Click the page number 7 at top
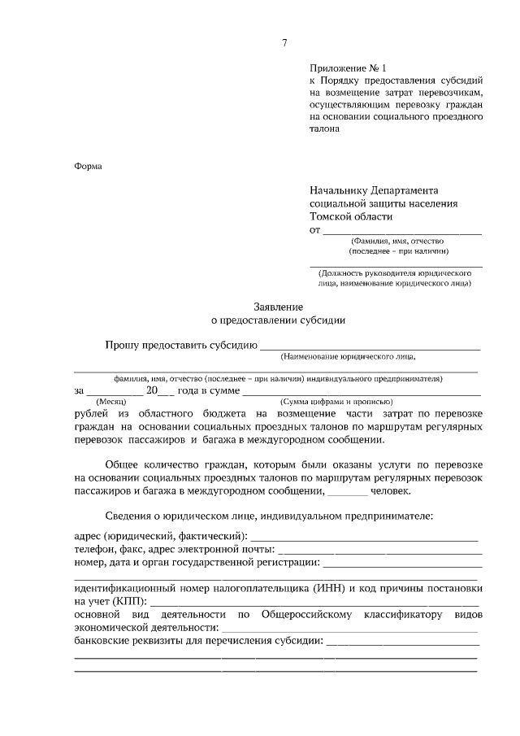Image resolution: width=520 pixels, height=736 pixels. tap(284, 43)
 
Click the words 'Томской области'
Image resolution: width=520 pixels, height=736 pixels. tap(351, 216)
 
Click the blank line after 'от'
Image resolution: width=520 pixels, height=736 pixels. tap(402, 233)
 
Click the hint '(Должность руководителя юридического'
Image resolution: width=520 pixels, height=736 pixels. tap(396, 273)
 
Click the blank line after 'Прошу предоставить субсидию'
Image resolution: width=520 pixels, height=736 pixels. tap(370, 347)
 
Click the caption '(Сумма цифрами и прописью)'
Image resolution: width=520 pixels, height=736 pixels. tap(336, 402)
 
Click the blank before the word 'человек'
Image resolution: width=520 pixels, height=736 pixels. tap(347, 493)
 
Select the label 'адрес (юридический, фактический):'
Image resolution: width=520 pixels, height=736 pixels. tap(159, 536)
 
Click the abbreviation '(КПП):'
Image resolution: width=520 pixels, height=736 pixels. tap(130, 601)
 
